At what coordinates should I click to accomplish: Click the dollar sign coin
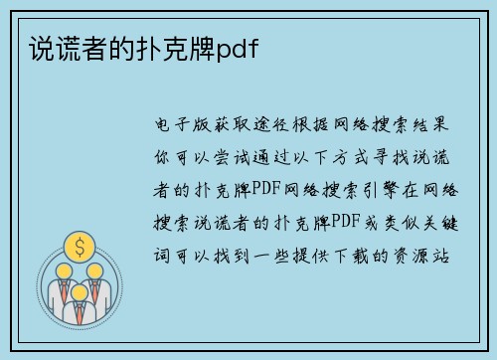[76, 246]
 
